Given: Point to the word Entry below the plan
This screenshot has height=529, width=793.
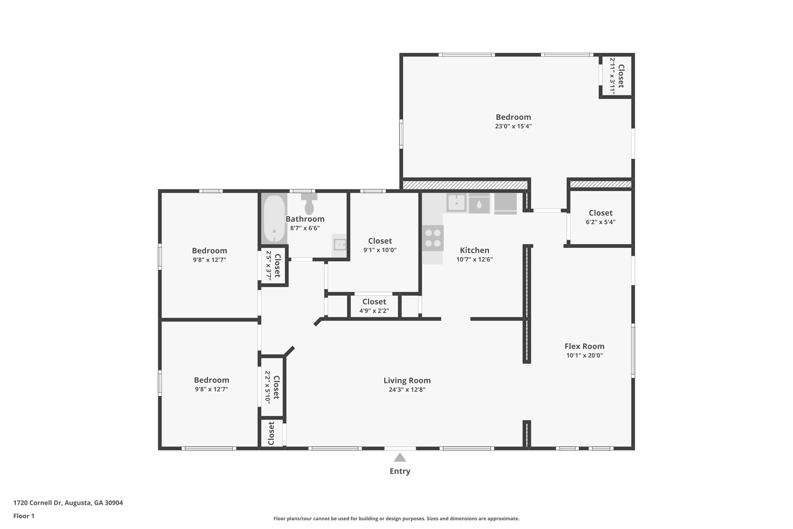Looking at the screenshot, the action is click(x=400, y=471).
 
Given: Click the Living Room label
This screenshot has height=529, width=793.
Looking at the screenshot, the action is click(x=407, y=380).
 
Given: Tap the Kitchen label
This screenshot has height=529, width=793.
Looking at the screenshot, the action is click(x=474, y=250).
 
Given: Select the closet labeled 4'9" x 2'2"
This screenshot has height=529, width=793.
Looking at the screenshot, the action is click(x=374, y=306).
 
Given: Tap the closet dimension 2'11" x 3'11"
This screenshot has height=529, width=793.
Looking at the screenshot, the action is click(x=612, y=76).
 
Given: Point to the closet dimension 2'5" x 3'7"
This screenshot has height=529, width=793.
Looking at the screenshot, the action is click(x=269, y=266).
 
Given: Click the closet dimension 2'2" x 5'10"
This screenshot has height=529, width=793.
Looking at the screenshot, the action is click(x=267, y=387).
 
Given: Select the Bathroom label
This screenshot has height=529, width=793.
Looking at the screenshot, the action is click(x=305, y=219).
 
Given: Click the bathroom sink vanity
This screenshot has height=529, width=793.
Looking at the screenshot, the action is click(x=339, y=245).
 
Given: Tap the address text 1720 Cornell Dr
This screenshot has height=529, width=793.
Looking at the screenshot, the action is click(x=38, y=503).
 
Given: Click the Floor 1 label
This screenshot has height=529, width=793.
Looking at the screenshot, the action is click(x=24, y=516).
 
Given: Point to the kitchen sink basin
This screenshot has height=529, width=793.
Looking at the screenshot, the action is click(x=457, y=203).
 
